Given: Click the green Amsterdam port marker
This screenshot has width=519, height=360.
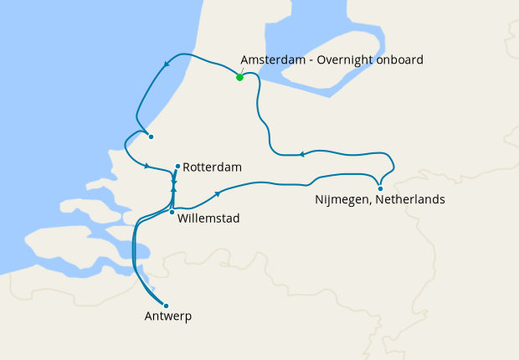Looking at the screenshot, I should [x=239, y=77].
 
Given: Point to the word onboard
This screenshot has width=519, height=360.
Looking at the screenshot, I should [x=400, y=60].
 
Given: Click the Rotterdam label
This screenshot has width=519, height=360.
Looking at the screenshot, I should [x=213, y=167].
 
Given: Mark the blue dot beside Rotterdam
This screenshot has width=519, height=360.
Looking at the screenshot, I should [x=178, y=166].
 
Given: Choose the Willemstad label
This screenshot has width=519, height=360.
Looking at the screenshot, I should [x=209, y=219].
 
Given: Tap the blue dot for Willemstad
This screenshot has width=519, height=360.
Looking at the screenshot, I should [x=172, y=213].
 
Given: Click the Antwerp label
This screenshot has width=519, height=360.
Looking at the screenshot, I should [x=168, y=316].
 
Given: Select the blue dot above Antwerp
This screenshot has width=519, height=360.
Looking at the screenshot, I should [x=166, y=306].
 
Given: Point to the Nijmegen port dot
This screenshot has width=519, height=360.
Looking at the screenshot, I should [x=380, y=188].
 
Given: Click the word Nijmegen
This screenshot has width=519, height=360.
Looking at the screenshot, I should [x=343, y=200].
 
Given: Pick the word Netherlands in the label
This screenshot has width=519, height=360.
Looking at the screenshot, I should [x=410, y=200].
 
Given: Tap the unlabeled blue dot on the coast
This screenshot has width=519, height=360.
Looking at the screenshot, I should [x=149, y=137].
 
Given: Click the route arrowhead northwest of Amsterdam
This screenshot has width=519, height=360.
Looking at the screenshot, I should [x=167, y=64].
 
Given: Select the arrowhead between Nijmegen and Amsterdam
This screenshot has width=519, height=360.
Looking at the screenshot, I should [x=302, y=154].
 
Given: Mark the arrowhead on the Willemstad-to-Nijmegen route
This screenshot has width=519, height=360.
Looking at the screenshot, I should [x=218, y=193].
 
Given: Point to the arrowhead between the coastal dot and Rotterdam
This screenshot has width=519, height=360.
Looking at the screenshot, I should [x=146, y=166].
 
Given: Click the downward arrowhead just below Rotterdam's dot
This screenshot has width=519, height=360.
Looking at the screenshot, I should [x=173, y=180].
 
